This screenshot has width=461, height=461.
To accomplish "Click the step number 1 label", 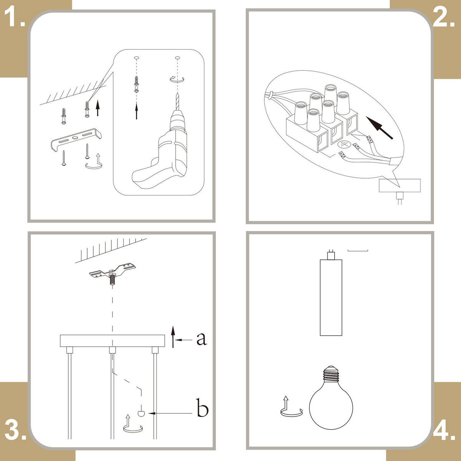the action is coord(14,17).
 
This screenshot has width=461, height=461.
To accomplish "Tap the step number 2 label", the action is coord(444,17).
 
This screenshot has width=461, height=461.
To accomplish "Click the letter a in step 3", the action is coord(201,339).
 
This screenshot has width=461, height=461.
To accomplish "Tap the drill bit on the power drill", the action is coord(177,102).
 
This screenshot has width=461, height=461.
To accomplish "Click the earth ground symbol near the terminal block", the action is coord(344,144).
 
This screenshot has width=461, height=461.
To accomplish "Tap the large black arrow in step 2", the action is coord(380,128).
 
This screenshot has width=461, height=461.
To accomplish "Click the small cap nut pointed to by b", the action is coord(141,413).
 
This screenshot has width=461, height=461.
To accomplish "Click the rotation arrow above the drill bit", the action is coord(177,79).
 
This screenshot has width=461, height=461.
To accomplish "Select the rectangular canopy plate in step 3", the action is coord(113,341).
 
